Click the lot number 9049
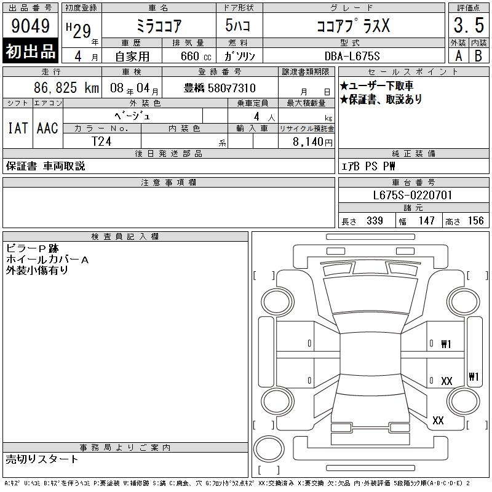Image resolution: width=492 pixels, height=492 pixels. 30,26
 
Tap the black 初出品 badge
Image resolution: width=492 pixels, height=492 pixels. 30,51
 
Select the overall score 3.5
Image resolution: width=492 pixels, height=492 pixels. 469,25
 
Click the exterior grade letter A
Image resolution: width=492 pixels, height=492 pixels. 458,56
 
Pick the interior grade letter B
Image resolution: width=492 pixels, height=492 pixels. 478,56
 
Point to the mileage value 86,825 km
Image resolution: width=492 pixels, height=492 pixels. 66,88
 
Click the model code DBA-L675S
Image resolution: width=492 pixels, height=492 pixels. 352,56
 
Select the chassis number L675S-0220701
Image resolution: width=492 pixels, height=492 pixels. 412,195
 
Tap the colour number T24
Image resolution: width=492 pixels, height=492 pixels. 101,141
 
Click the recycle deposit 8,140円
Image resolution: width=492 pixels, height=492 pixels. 312,142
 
